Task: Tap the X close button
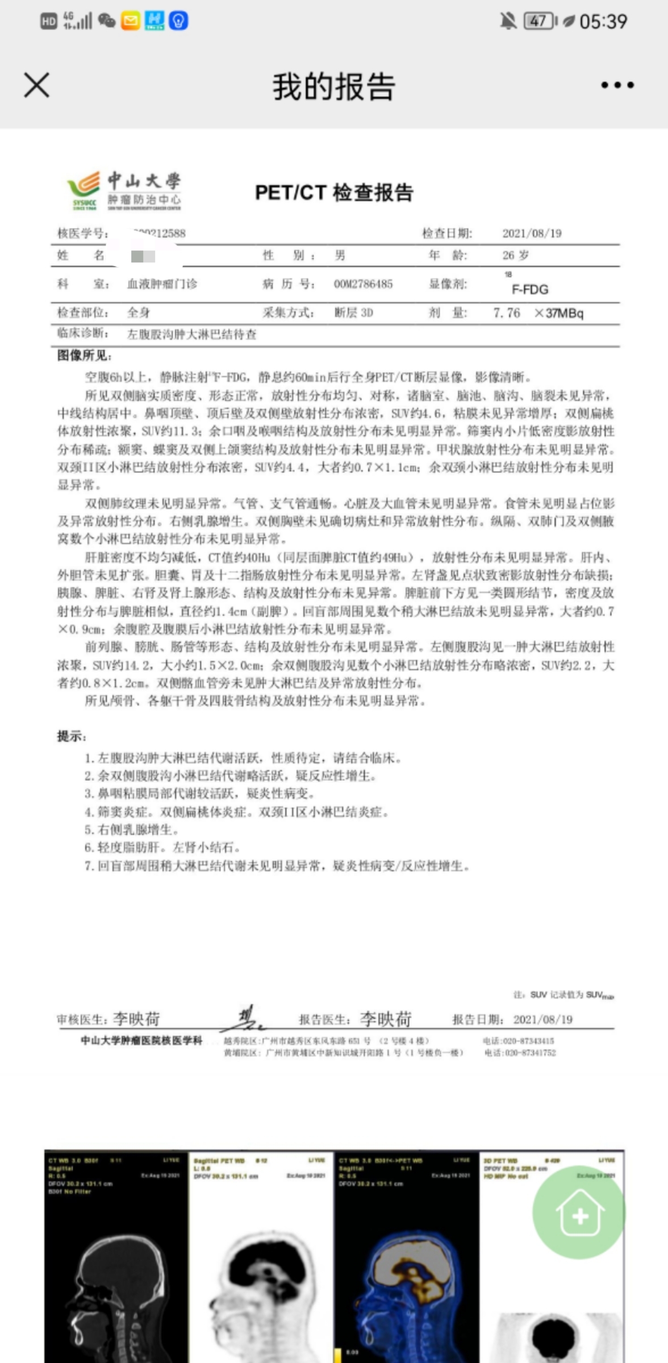pos(37,85)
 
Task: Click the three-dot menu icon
pos(617,85)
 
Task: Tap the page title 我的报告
pos(333,86)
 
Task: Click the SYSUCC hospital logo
pos(124,191)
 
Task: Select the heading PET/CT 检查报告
pos(334,193)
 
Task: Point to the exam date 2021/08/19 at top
pos(532,233)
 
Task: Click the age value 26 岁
pos(515,256)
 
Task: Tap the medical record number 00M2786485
pos(363,284)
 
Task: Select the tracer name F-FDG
pos(529,289)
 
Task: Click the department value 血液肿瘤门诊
pos(162,284)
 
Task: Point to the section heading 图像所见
pos(84,356)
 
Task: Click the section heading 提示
pos(72,737)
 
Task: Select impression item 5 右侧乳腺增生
pos(132,830)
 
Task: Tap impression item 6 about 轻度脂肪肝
pos(162,848)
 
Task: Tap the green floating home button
pos(579,1213)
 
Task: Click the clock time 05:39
pos(603,22)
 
